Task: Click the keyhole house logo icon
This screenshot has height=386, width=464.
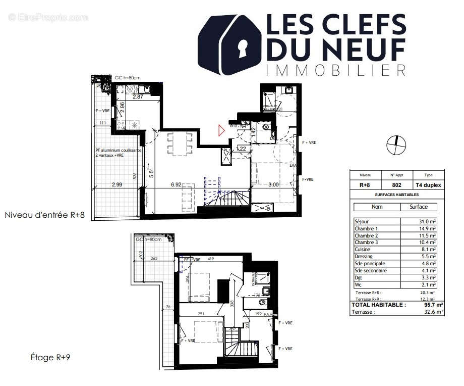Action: tap(229, 45)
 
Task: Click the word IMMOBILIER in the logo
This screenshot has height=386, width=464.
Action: tap(335, 70)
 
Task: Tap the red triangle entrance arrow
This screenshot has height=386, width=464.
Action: tap(221, 130)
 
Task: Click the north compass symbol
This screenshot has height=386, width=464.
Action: tap(395, 145)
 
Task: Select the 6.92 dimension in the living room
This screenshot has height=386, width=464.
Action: tap(176, 185)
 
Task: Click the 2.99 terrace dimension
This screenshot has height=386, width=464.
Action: tap(117, 185)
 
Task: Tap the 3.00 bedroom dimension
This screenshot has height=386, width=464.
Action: tap(273, 185)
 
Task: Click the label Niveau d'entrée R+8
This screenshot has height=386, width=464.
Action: tap(44, 215)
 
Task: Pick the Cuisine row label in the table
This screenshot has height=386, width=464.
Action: tap(363, 250)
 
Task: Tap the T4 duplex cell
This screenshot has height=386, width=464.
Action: tap(428, 185)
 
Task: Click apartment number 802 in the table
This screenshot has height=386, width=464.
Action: tap(396, 185)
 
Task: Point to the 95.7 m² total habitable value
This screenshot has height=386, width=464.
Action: tap(433, 305)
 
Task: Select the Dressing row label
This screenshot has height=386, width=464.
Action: tap(364, 257)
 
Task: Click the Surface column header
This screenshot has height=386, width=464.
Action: tap(419, 207)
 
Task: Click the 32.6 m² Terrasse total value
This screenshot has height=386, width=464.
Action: tap(433, 312)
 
